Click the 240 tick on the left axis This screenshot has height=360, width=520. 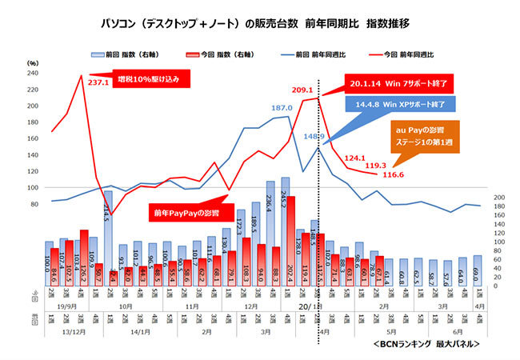click(x=33, y=73)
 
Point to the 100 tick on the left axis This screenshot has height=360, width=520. click(x=33, y=188)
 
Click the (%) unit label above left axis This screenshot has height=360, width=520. click(x=33, y=62)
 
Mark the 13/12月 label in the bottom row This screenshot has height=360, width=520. click(x=66, y=331)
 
